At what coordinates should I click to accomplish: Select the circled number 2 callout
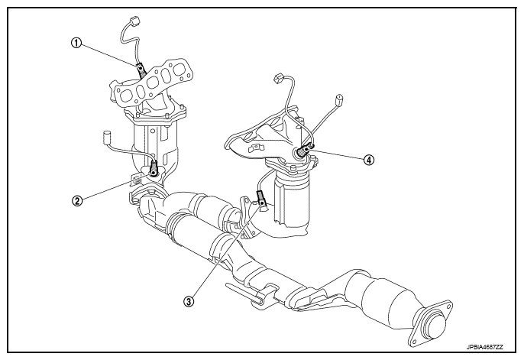tap(77, 202)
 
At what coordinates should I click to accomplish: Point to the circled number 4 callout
tap(370, 161)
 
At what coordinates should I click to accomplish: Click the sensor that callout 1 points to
tap(141, 70)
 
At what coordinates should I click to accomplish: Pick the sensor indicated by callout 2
tap(154, 167)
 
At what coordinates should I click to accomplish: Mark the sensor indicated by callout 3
tap(261, 196)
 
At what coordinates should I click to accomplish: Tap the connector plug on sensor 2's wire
tap(106, 138)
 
